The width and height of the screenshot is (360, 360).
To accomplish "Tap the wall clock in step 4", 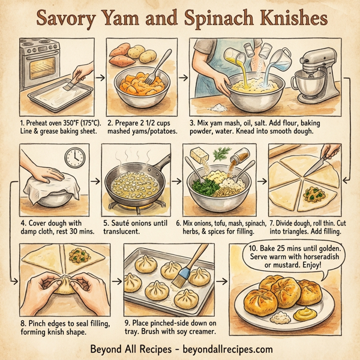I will tap(74, 157).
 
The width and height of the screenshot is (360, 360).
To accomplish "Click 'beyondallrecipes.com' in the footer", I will tap(226, 349).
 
